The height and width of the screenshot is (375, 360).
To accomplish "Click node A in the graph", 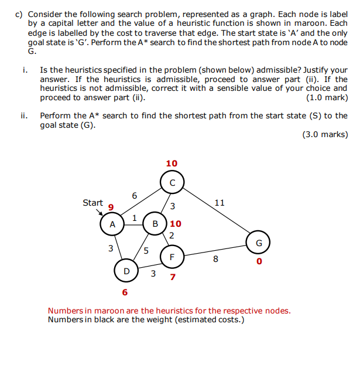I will click(111, 224).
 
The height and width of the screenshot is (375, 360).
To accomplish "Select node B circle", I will click(156, 223).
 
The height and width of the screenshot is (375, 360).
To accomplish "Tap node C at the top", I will click(172, 182).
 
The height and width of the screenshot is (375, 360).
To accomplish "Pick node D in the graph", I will click(126, 271).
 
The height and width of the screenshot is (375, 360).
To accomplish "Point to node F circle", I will click(172, 257).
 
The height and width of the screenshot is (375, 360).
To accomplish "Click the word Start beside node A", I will click(93, 203).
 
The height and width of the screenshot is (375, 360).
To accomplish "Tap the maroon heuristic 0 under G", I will click(258, 262).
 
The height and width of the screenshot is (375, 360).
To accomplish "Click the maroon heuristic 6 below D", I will click(125, 291).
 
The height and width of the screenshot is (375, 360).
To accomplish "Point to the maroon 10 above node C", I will click(172, 163).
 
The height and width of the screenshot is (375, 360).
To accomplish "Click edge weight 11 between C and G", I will click(220, 203).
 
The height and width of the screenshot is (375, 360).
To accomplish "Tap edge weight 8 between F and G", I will click(215, 258).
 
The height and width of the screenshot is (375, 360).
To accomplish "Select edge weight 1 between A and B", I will click(135, 218).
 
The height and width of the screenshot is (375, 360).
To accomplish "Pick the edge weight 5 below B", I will click(146, 251).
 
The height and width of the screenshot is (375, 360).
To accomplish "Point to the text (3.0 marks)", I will click(324, 134).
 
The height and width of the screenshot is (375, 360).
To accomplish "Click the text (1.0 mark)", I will click(327, 97).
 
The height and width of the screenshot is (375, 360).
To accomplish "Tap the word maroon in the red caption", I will click(100, 311).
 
